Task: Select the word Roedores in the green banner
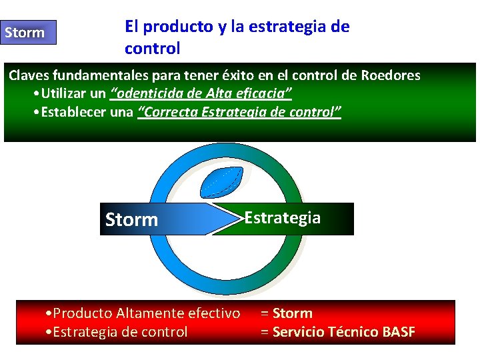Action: point(391,75)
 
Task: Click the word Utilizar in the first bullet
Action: point(69,93)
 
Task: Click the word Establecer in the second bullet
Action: point(73,111)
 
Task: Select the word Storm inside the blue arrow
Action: point(132,220)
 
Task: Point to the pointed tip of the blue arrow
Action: point(239,219)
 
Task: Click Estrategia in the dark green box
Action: point(283,218)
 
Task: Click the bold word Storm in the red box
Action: point(293,313)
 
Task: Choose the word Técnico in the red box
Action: point(357,332)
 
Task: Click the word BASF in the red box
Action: point(399,332)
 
